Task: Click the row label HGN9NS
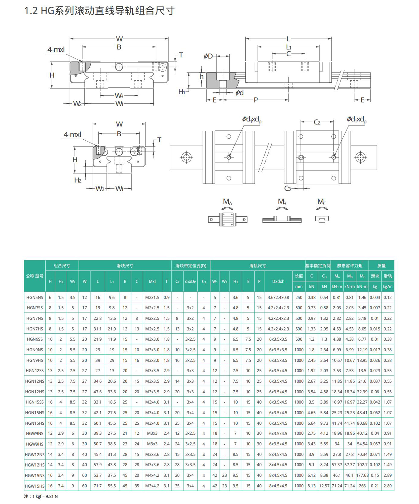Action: coord(35,350)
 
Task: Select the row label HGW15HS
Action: coord(35,486)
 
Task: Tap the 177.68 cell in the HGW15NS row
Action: coord(362,475)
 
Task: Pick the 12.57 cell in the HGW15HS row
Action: coord(324,486)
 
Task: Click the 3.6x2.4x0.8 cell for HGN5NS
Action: coord(278,297)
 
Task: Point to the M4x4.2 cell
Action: coord(152,475)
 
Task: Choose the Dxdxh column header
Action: coord(278,281)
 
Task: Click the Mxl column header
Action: coord(152,281)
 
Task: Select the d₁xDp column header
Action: coord(190,281)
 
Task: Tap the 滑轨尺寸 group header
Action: coord(257,266)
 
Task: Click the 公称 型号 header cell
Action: coord(35,276)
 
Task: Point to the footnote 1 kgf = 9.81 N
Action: coord(41,496)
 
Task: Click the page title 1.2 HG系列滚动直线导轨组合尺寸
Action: coord(99,11)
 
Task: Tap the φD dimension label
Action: coord(208,56)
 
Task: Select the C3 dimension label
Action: coord(287,188)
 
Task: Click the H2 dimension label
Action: coord(78,180)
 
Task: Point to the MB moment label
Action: coord(282,202)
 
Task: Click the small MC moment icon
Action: coord(322,219)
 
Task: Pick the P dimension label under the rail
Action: coord(256,100)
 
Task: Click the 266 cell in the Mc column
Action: coord(362,486)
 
